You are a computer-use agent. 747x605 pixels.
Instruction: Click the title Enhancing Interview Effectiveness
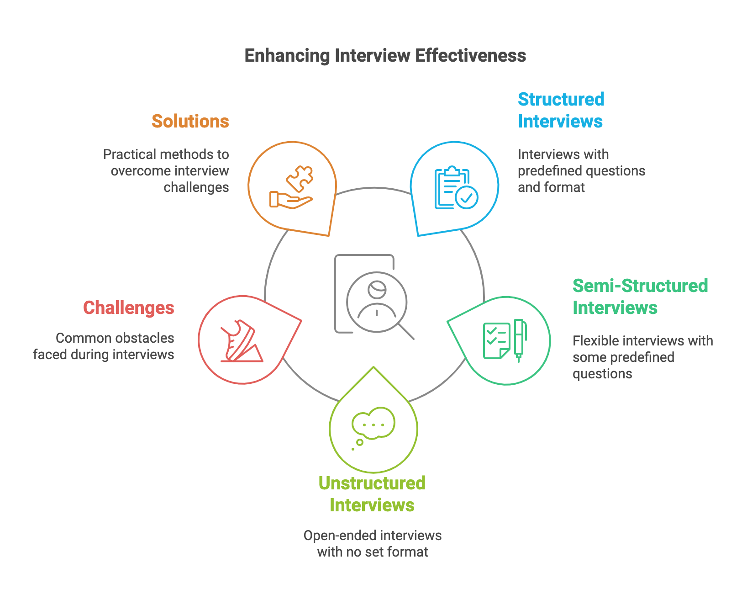tap(385, 56)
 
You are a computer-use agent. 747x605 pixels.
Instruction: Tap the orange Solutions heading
tap(190, 122)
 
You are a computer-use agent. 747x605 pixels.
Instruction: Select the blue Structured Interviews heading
tap(561, 111)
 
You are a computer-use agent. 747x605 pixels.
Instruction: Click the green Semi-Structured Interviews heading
tap(640, 297)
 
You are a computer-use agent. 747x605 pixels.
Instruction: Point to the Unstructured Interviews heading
tap(372, 494)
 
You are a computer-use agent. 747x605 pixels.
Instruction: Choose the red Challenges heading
tap(128, 308)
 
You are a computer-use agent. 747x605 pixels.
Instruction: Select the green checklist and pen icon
tap(505, 340)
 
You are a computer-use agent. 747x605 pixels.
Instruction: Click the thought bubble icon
tap(373, 424)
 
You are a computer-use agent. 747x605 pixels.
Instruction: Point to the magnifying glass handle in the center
tap(406, 331)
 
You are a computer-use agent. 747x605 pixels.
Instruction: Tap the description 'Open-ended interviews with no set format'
tap(373, 544)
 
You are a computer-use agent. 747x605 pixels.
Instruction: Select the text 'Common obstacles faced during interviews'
tap(104, 346)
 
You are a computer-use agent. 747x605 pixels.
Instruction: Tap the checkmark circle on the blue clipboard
tap(467, 197)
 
